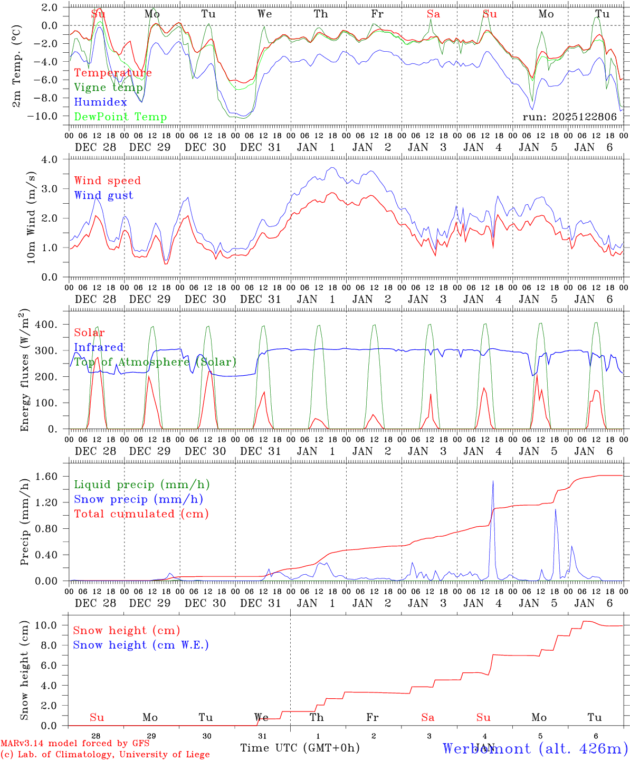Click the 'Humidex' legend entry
coord(101,102)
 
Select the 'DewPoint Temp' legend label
coord(120,117)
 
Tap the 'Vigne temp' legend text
coord(108,88)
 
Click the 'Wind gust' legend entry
coord(104,195)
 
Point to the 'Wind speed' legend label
coord(108,180)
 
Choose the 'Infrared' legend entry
coord(99,347)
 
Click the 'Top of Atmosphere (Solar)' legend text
coord(155,362)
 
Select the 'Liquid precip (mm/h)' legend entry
coord(142,484)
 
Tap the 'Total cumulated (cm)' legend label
coord(141,514)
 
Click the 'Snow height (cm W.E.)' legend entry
coord(141,645)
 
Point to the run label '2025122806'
coord(570,117)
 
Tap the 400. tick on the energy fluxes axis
coord(46,325)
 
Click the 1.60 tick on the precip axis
coord(47,476)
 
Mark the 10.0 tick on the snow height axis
coord(47,625)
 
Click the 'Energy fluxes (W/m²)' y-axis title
coord(24,371)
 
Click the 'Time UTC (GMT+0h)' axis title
coord(300,748)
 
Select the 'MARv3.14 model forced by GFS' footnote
coord(74,744)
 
